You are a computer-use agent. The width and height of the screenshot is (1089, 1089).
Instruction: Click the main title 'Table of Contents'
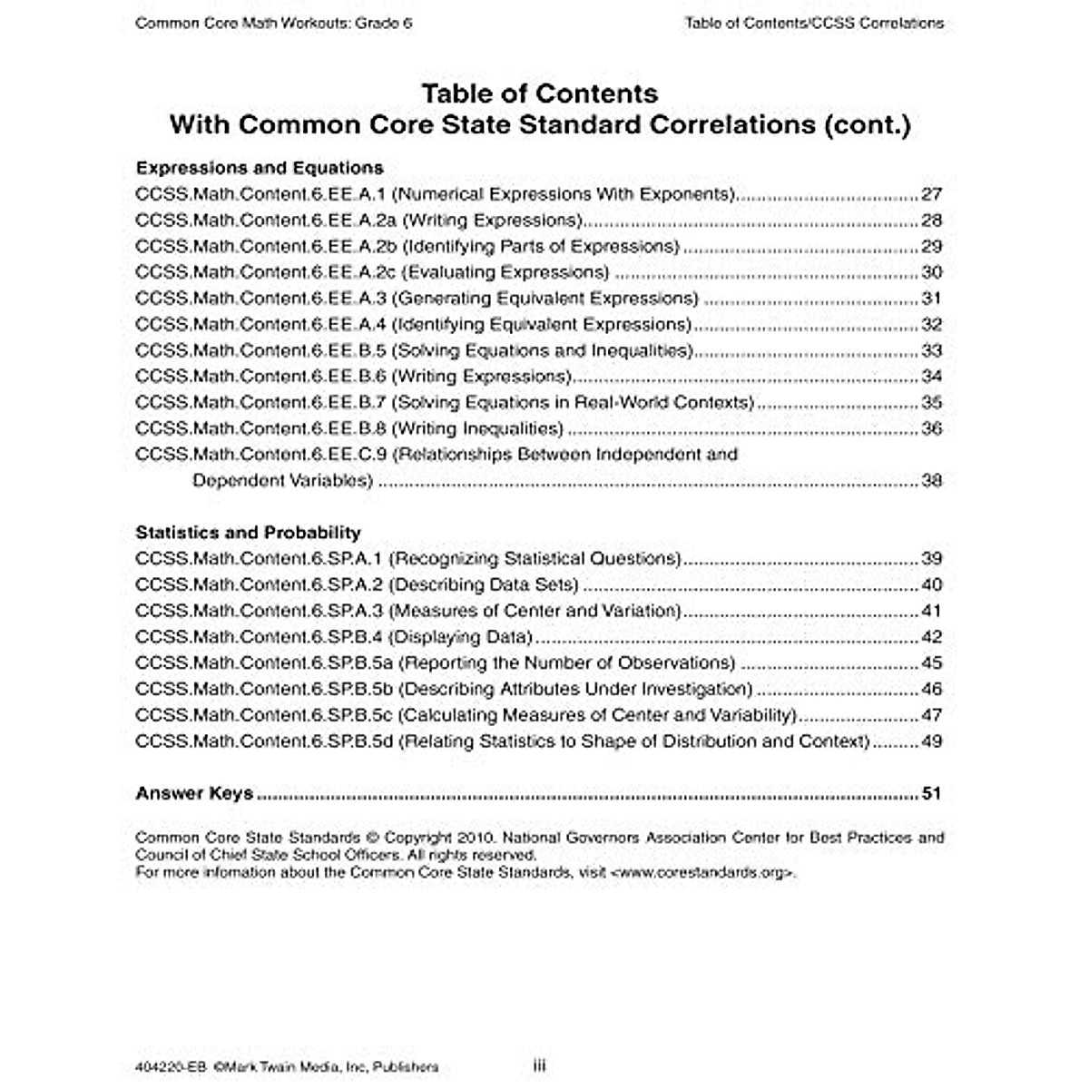click(540, 93)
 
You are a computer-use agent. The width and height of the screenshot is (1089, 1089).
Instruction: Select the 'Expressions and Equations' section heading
click(260, 168)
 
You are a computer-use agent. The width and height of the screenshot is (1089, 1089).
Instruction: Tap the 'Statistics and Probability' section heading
click(248, 533)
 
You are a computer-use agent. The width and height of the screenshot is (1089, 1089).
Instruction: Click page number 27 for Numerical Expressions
click(931, 194)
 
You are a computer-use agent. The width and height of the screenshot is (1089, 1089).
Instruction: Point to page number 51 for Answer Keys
click(931, 793)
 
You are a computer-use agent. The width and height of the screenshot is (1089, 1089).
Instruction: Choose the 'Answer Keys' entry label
click(194, 793)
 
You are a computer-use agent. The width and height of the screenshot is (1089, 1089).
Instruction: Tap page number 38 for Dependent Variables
click(931, 480)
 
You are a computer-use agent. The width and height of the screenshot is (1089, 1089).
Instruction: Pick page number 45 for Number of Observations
click(931, 663)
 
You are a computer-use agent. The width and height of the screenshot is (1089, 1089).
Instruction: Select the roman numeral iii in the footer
click(539, 1066)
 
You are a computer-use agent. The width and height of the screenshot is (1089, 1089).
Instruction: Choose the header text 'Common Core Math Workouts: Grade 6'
click(273, 24)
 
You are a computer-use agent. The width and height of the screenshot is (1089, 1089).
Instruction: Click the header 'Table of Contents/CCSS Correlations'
click(814, 24)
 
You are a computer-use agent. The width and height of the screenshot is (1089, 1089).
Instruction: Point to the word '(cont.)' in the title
click(867, 124)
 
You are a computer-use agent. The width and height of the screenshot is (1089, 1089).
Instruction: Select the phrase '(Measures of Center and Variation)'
click(535, 611)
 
